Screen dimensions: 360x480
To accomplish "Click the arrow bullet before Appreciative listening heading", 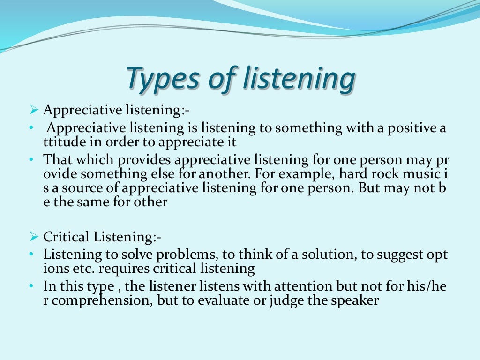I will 33,110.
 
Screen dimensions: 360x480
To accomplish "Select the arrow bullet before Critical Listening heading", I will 33,237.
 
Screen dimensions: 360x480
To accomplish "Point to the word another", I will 210,174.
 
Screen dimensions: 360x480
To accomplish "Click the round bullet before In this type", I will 31,286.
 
